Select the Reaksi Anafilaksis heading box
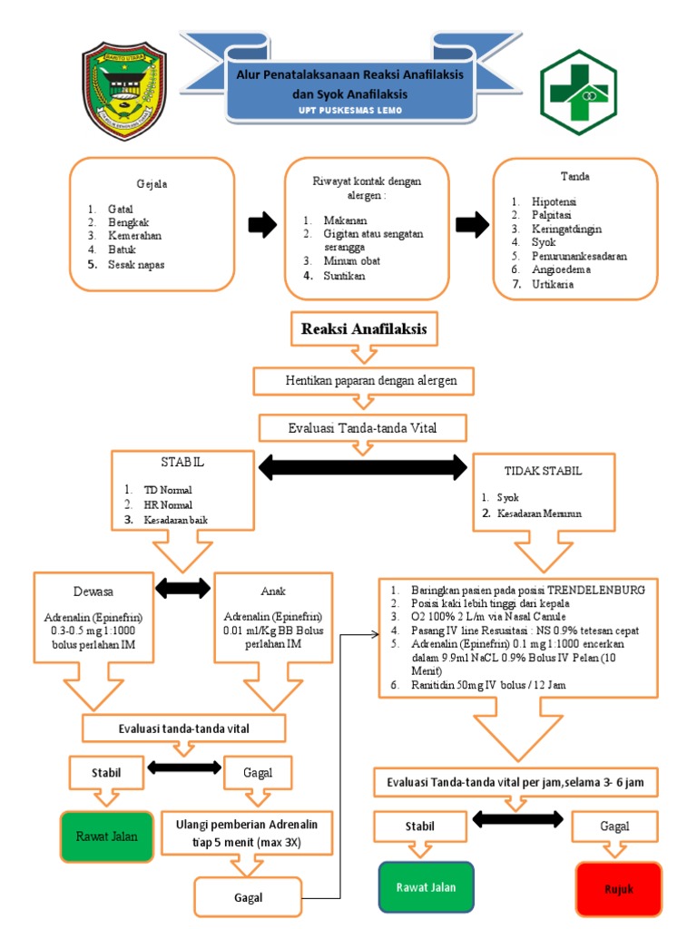pos(364,328)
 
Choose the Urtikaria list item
pos(554,284)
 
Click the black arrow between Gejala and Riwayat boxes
pos(261,226)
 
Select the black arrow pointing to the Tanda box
pos(470,226)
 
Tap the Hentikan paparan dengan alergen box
pos(365,380)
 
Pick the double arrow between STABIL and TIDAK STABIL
pos(363,468)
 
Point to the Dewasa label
pos(69,592)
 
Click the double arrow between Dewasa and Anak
pos(183,588)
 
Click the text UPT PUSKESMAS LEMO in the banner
pos(349,111)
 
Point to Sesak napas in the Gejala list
pos(137,264)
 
